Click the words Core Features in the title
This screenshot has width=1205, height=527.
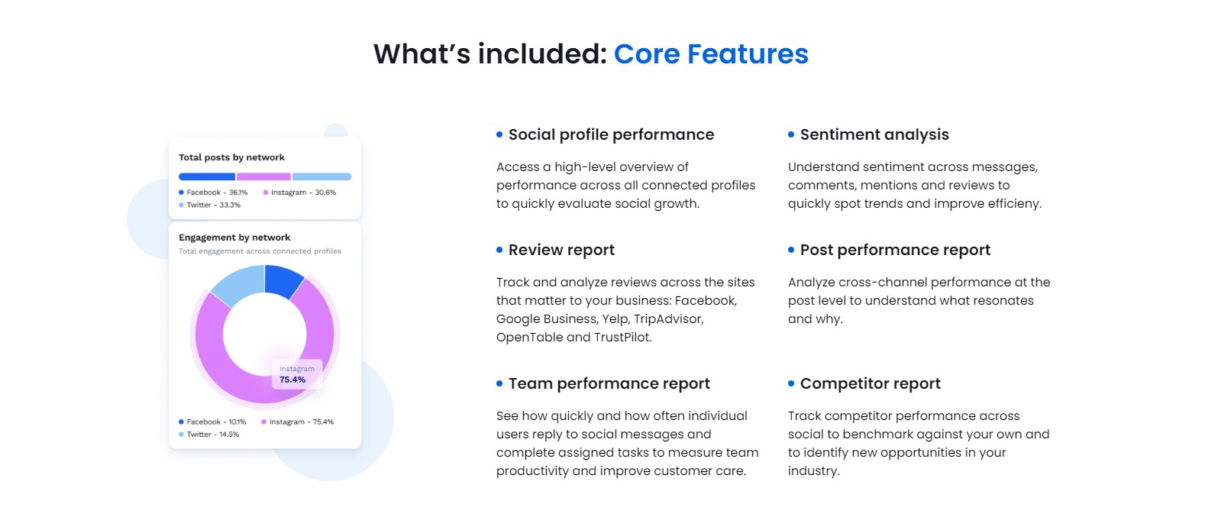coord(710,54)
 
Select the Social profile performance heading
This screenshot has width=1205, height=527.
coord(611,135)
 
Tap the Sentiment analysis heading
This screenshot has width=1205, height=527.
coord(874,135)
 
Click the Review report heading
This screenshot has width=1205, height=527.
coord(561,251)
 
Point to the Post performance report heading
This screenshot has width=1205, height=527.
coord(894,251)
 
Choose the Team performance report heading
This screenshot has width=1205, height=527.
coord(609,384)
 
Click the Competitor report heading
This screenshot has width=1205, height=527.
coord(870,384)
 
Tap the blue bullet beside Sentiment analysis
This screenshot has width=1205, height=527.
coord(791,134)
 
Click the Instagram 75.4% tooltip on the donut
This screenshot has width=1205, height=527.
coord(296,374)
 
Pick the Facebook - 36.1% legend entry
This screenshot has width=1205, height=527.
coord(213,192)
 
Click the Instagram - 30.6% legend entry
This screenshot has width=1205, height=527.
coord(299,192)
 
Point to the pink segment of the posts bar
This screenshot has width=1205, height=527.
coord(263,176)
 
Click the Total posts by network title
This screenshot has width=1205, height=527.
coord(231,157)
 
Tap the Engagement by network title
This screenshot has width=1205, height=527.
coord(234,238)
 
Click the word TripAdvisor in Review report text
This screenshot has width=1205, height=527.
coord(668,319)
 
